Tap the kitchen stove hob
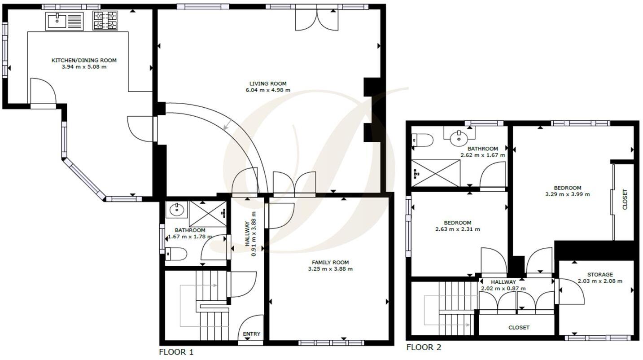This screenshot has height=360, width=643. [x=105, y=21]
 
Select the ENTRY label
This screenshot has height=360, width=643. [x=251, y=334]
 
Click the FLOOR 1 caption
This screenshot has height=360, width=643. [x=176, y=352]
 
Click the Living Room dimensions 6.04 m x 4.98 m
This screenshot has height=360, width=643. [x=268, y=90]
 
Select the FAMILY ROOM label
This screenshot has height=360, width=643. [x=330, y=263]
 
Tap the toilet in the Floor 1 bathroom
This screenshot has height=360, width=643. [x=176, y=254]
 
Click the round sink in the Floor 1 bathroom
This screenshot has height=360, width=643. [x=175, y=209]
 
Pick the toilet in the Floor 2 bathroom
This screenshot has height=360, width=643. [x=422, y=140]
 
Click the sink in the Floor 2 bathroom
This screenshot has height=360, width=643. [x=458, y=138]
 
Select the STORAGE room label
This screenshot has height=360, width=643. [x=599, y=275]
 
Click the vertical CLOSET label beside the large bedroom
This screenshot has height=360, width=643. [x=625, y=199]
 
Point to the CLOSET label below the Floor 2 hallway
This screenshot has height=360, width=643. [x=519, y=328]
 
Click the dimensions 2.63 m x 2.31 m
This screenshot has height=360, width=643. [x=457, y=229]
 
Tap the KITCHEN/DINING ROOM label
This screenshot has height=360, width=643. [x=84, y=60]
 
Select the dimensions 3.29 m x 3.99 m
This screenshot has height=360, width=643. [x=567, y=194]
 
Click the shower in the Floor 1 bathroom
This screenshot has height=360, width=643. [x=208, y=213]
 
